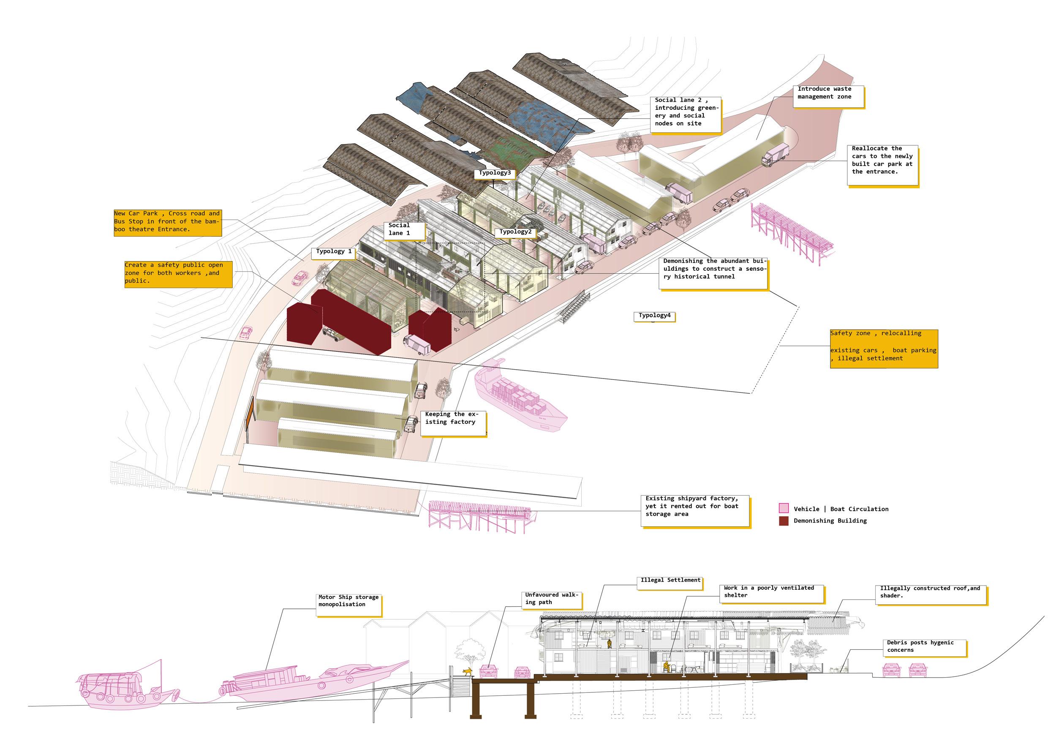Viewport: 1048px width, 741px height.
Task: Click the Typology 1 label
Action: pyautogui.click(x=334, y=251)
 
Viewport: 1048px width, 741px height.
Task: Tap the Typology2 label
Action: pyautogui.click(x=515, y=232)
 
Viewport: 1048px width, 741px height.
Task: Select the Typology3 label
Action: pyautogui.click(x=494, y=173)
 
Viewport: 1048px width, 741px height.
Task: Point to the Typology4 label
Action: pyautogui.click(x=654, y=316)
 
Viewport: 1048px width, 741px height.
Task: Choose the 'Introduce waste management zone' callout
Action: pyautogui.click(x=828, y=96)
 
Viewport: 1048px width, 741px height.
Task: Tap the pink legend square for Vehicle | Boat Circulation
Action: pyautogui.click(x=783, y=508)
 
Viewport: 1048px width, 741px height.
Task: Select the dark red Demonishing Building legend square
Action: pyautogui.click(x=783, y=520)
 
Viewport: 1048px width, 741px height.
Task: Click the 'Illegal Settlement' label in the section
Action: pyautogui.click(x=670, y=581)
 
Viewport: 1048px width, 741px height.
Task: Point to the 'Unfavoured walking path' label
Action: pyautogui.click(x=551, y=599)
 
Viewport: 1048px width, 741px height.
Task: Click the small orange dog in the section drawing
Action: pyautogui.click(x=467, y=671)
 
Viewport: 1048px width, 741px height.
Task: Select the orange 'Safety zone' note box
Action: pyautogui.click(x=883, y=349)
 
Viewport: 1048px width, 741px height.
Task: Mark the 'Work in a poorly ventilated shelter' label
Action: pyautogui.click(x=771, y=593)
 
